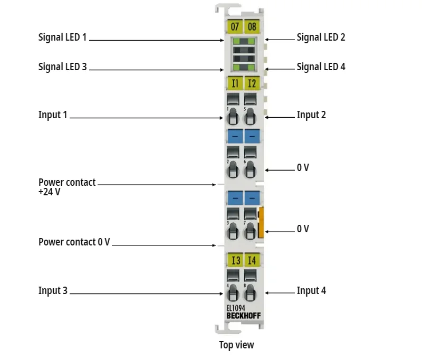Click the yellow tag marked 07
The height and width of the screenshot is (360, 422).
235,26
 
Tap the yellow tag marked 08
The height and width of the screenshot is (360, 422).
252,26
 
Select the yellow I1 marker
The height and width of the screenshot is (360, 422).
235,83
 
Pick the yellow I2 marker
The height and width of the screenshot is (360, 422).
252,83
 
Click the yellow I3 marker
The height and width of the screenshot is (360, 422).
235,260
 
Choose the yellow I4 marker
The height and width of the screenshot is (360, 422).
252,260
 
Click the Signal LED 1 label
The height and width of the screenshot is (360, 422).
62,37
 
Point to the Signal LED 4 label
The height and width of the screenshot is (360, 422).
321,67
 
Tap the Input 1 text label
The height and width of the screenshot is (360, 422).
53,115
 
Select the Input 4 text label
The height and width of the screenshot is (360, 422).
311,291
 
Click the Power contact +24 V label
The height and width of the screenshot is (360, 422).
67,187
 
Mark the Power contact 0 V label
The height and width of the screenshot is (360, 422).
74,242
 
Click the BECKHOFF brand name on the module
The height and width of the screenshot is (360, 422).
243,316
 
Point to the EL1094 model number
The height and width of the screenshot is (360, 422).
235,308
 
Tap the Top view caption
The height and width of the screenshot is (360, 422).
236,345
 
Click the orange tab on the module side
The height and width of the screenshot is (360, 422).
261,222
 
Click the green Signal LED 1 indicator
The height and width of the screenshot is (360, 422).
235,41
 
